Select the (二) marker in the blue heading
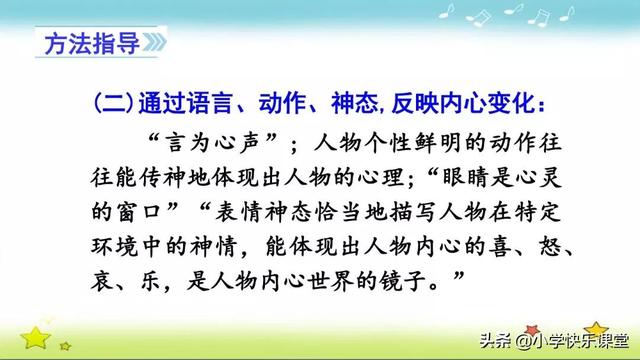116,104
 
